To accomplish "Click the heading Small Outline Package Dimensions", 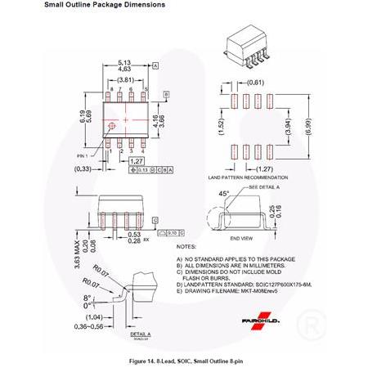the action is pyautogui.click(x=105, y=5).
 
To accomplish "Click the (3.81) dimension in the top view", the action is pyautogui.click(x=124, y=79).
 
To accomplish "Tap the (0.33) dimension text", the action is pyautogui.click(x=82, y=168).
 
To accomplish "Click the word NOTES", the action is pyautogui.click(x=186, y=245).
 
